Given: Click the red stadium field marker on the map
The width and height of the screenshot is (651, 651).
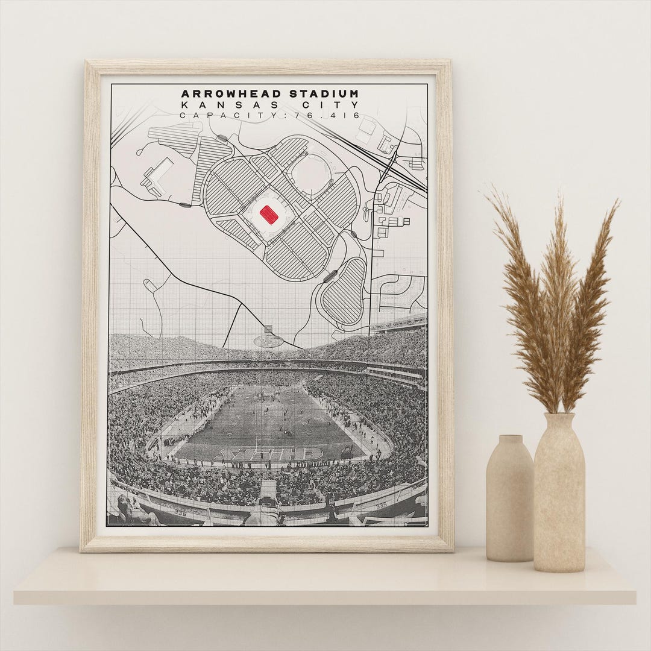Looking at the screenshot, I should (269, 215).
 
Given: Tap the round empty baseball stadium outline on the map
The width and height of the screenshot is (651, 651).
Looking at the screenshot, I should (311, 175).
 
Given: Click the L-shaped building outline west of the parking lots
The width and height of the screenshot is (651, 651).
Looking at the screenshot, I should (156, 175).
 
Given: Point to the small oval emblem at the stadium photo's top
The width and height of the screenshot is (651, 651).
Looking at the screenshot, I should (269, 341).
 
